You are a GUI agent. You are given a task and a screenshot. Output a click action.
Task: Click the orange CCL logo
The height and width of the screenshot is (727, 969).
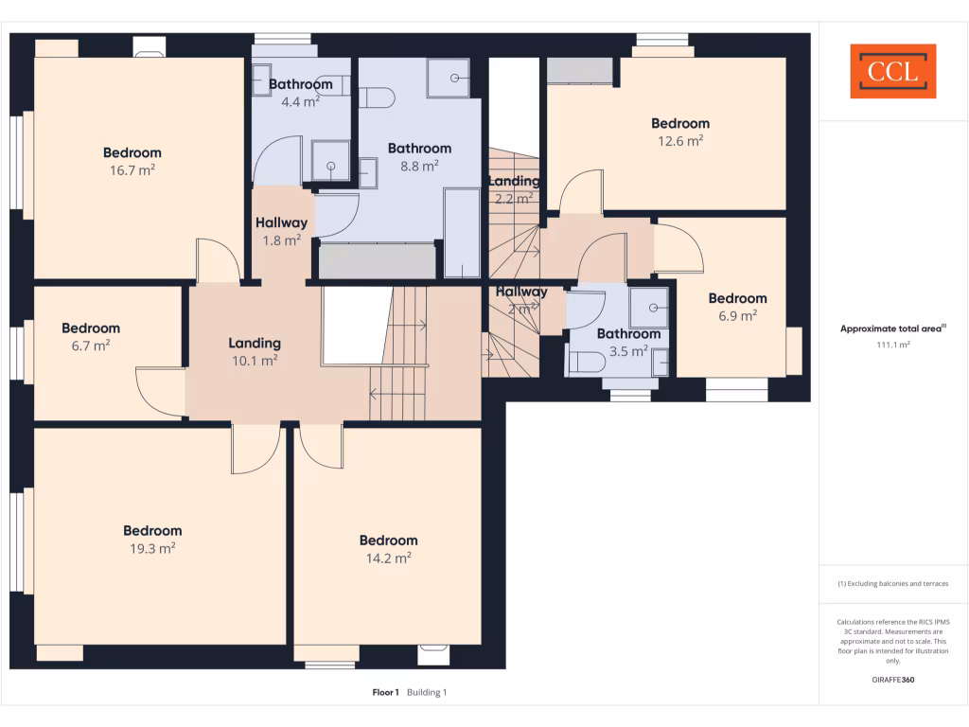click(893, 71)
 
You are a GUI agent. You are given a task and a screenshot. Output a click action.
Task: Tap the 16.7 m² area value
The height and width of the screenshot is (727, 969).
click(132, 170)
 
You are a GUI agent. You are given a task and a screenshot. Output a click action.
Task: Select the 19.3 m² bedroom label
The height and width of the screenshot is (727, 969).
click(152, 531)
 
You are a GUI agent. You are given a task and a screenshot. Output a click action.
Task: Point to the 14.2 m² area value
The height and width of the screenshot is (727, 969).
click(389, 559)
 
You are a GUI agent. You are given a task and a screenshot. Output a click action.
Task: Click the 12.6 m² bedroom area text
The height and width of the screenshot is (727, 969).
click(680, 141)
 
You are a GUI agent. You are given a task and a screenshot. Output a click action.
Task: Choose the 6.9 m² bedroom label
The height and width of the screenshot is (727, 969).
click(737, 298)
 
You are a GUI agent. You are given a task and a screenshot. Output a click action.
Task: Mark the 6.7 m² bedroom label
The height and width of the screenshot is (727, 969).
click(91, 328)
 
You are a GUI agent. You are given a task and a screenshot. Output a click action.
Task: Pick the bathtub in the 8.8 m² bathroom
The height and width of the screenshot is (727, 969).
click(462, 232)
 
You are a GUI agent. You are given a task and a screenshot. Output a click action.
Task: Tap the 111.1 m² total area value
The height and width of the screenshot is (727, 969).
click(893, 346)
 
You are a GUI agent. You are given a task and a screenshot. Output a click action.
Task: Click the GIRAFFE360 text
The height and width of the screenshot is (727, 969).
click(893, 680)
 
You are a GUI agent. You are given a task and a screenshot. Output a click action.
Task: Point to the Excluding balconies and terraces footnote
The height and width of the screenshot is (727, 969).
click(893, 584)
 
